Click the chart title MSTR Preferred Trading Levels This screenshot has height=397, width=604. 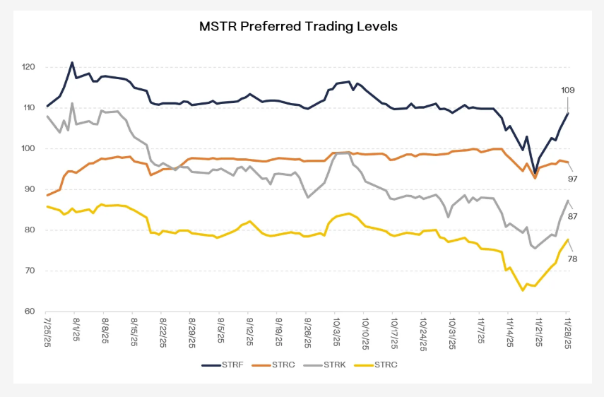pyautogui.click(x=299, y=27)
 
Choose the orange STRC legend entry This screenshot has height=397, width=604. pyautogui.click(x=283, y=365)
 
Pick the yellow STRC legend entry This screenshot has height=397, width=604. pyautogui.click(x=386, y=365)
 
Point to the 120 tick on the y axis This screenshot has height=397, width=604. pyautogui.click(x=29, y=67)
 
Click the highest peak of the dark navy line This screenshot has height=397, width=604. pyautogui.click(x=72, y=62)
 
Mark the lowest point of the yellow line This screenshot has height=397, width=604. pyautogui.click(x=523, y=290)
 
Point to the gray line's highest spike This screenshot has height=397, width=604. pyautogui.click(x=72, y=103)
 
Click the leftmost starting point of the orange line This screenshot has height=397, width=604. pyautogui.click(x=47, y=195)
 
